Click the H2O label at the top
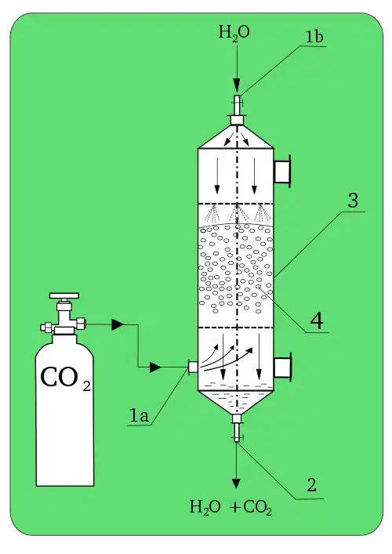pos(234,33)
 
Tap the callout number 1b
pos(314,37)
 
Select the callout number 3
pos(353,201)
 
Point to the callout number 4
pos(317,321)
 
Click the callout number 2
pos(311,485)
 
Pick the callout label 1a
pos(139,415)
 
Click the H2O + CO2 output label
pos(230,507)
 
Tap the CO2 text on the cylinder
pos(65,378)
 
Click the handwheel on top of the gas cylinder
pos(64,295)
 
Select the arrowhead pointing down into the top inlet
pos(237,85)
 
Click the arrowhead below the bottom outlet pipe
pos(236,483)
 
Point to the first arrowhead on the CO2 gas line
pos(118,324)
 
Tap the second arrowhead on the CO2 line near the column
pos(155,367)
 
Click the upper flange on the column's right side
pos(282,172)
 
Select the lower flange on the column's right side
pos(282,367)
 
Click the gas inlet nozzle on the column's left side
pos(193,367)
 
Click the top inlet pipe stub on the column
pos(237,110)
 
